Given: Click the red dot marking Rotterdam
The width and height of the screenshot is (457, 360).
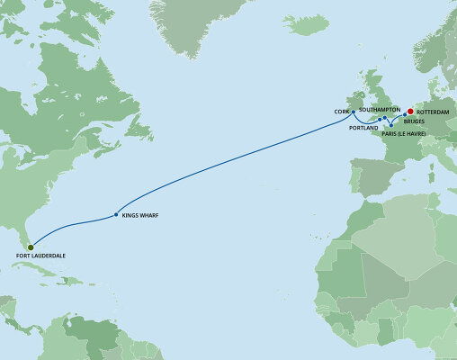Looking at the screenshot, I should [x=411, y=113].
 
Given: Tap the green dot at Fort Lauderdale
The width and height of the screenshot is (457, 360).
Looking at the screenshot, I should [x=30, y=247].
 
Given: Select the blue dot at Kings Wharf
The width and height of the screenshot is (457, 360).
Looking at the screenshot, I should [x=115, y=215].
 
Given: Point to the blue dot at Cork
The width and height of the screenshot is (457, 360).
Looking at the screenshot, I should [x=354, y=112].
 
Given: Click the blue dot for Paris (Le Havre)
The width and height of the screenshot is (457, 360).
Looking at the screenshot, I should [x=390, y=125].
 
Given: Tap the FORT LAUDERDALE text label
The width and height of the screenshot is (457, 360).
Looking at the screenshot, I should [x=40, y=256].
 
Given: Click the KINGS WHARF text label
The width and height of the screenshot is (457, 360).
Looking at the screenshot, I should [x=142, y=216].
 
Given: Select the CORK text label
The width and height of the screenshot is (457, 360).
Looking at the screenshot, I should [x=341, y=112].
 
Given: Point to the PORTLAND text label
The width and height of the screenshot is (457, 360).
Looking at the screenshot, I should [x=364, y=129].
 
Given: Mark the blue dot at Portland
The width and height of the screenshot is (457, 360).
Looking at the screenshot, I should [x=380, y=119].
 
